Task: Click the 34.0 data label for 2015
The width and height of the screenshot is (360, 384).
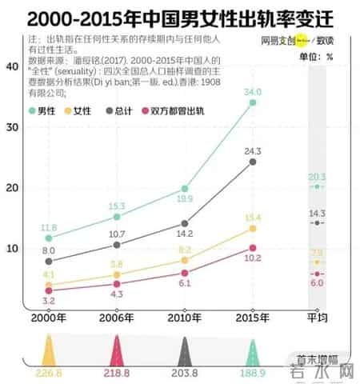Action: (x=254, y=92)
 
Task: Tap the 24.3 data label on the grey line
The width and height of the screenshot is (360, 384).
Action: (x=254, y=150)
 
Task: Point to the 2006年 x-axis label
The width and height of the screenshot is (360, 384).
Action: (x=117, y=318)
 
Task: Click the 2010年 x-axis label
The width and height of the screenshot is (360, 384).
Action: (x=185, y=318)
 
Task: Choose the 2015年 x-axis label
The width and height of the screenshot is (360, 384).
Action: (x=252, y=318)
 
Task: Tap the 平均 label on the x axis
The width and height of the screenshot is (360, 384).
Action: (x=318, y=318)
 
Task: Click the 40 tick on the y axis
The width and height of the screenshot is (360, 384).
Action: (x=12, y=66)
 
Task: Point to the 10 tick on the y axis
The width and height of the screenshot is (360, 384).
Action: (x=12, y=248)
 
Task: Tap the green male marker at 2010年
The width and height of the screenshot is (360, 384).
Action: (x=185, y=189)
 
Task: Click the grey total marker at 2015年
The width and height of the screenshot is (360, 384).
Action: (x=253, y=162)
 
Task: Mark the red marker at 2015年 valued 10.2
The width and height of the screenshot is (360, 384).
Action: (x=253, y=248)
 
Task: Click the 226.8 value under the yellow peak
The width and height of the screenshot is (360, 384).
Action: (x=49, y=373)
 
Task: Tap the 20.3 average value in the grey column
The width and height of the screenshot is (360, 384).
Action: (x=318, y=177)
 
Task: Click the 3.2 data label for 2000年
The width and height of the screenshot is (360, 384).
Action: (x=50, y=301)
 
